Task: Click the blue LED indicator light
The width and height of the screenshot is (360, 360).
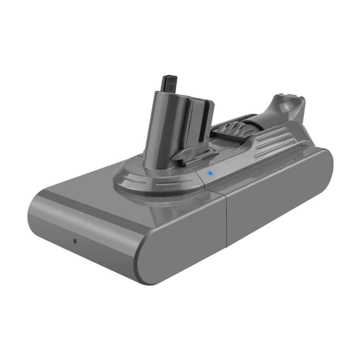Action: (209, 173)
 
